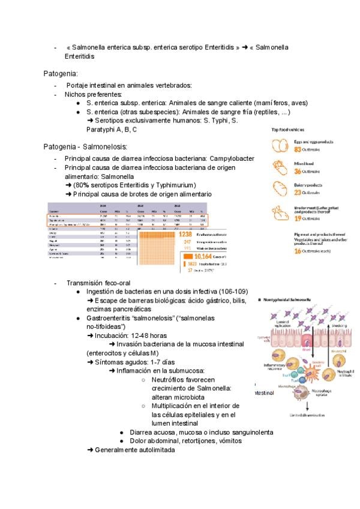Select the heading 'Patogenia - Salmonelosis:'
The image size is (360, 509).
pos(85,146)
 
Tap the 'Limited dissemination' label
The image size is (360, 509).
pos(307,415)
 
